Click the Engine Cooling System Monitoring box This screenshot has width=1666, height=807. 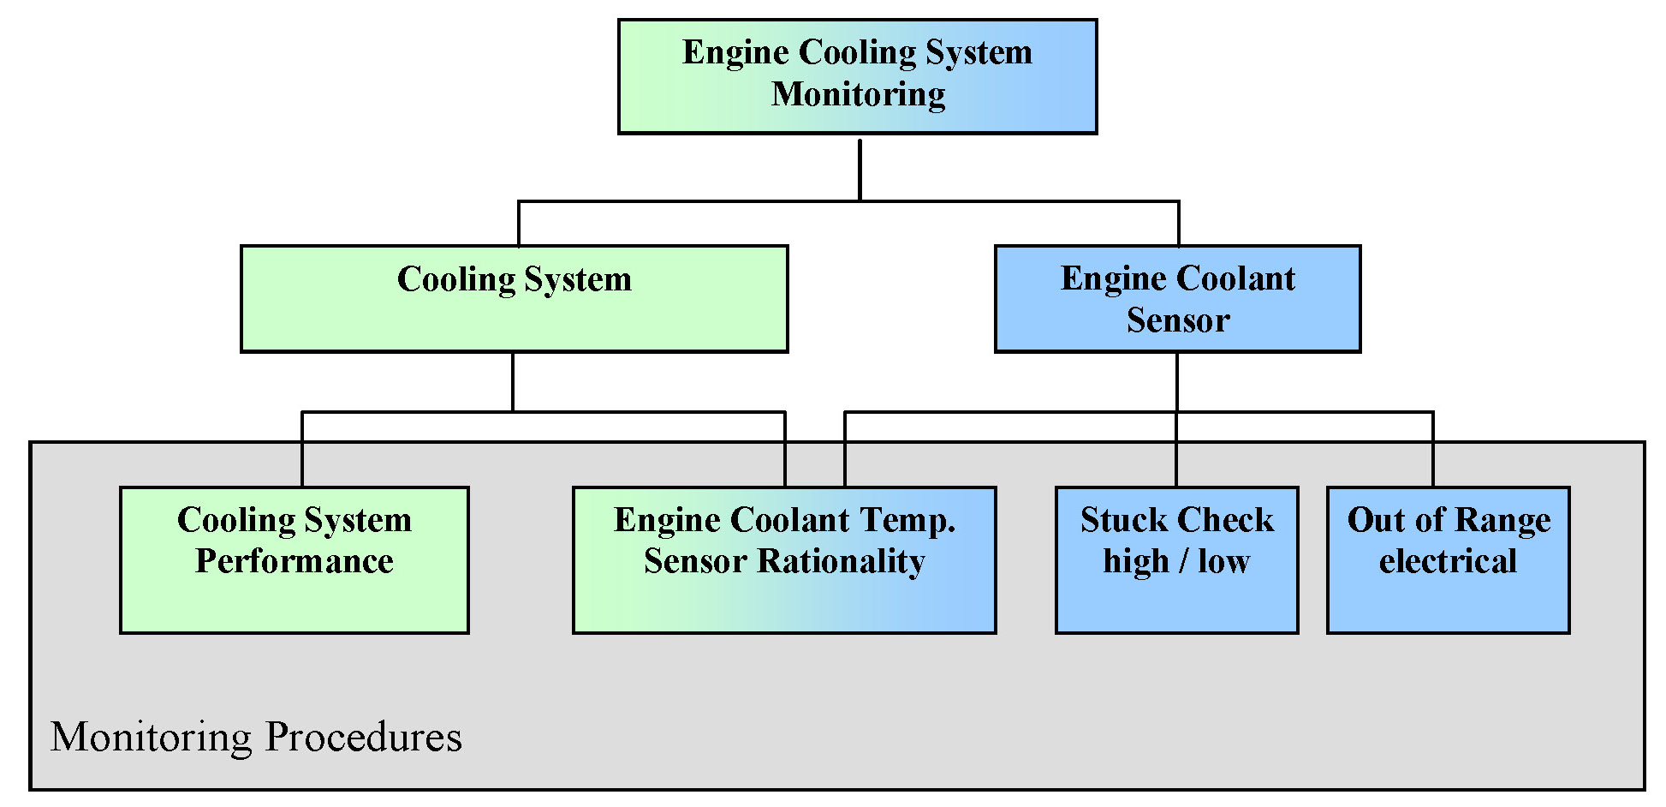(x=857, y=76)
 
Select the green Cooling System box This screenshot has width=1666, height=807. (x=514, y=299)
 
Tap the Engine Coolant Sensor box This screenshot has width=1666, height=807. (x=1177, y=299)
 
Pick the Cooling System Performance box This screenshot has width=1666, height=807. (x=294, y=560)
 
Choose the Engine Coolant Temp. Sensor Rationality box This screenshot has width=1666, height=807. (x=784, y=560)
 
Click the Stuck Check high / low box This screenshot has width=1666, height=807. (x=1176, y=560)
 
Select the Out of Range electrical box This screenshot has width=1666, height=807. (x=1448, y=560)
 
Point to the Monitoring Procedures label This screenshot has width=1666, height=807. (x=256, y=737)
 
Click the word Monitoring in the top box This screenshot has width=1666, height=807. (x=858, y=94)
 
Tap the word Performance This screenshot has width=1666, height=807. (x=294, y=561)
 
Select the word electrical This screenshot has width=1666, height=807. (x=1448, y=562)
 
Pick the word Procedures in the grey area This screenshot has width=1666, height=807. (x=363, y=737)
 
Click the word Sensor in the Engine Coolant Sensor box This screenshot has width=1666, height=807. (x=1178, y=320)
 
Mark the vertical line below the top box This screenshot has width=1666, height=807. (x=860, y=170)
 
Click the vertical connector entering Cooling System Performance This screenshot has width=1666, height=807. (x=302, y=450)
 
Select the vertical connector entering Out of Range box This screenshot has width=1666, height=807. (x=1432, y=450)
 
